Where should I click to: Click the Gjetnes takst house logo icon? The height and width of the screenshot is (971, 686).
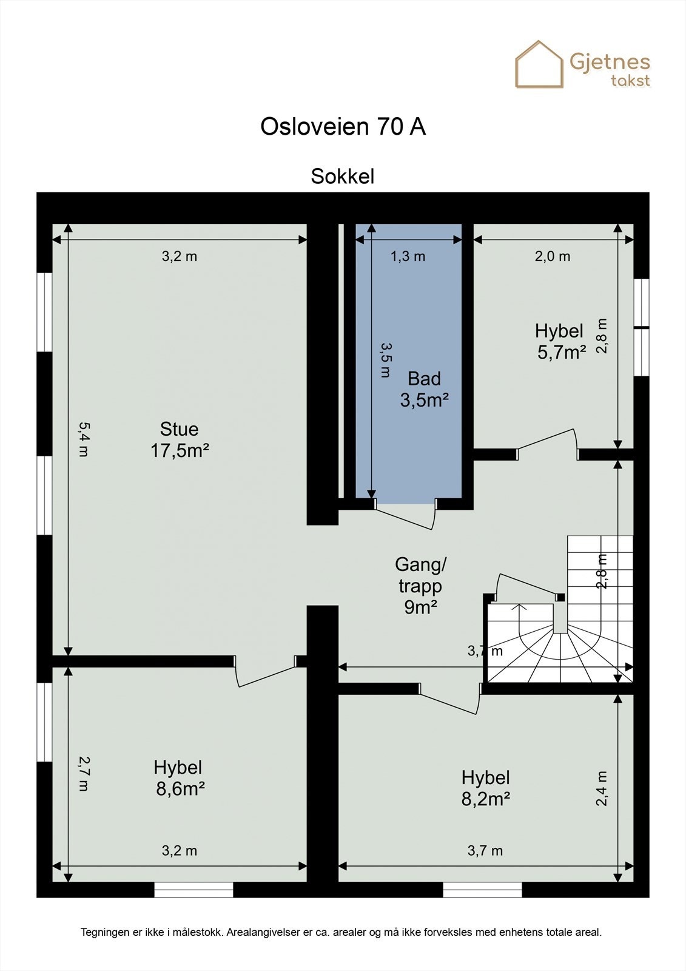point(539,64)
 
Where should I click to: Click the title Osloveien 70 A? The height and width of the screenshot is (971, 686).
point(343,126)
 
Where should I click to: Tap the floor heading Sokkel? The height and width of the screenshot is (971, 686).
point(343,176)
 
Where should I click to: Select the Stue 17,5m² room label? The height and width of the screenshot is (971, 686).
point(180,440)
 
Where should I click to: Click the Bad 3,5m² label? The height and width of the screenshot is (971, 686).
point(424,389)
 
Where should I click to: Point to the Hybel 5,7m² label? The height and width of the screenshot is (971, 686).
point(560,341)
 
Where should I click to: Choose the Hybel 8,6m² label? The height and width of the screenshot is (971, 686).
point(179,778)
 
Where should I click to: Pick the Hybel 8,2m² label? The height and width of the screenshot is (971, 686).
point(485,788)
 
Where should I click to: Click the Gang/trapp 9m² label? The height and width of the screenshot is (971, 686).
point(420,586)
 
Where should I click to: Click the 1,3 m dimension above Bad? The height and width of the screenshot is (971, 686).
point(408,256)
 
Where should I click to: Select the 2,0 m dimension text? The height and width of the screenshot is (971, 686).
point(552,256)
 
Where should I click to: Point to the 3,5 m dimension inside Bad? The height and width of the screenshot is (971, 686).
point(385,359)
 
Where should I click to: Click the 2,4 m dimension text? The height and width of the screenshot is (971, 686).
point(601,788)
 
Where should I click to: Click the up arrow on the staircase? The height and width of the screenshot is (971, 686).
point(520,607)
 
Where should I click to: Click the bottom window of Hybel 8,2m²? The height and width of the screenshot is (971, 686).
point(482,890)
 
